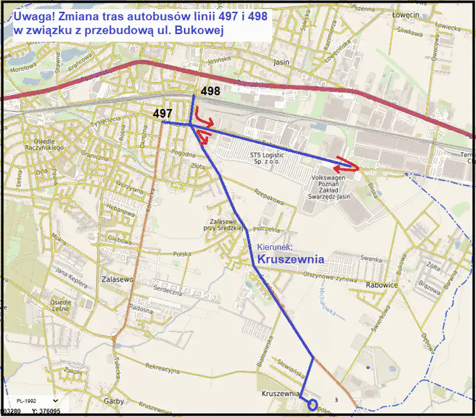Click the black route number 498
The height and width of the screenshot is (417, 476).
211,92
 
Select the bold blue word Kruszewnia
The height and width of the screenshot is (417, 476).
291,259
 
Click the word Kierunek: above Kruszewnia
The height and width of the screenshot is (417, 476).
275,247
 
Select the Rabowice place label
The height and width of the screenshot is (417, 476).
380,285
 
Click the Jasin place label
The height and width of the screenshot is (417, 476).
281,62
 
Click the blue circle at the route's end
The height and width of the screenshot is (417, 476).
312,404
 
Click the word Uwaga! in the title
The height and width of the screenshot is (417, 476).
31,17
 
